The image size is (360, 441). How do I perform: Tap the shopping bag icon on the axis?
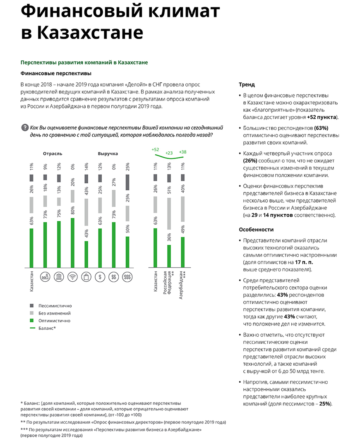[x=86, y=277]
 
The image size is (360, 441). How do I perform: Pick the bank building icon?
[x=59, y=277]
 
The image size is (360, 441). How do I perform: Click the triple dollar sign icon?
[x=127, y=277]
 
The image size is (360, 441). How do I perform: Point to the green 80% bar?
[x=73, y=242]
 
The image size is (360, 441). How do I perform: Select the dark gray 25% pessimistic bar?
[x=127, y=182]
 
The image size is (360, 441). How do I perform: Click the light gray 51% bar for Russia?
[x=169, y=213]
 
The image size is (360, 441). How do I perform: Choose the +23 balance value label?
[x=169, y=153]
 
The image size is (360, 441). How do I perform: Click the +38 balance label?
[x=182, y=152]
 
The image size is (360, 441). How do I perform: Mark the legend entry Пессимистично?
[x=55, y=306]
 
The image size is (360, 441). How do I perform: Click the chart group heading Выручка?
[x=108, y=153]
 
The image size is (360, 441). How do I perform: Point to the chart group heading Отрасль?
[x=53, y=153]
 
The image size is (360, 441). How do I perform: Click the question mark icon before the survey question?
[x=24, y=128]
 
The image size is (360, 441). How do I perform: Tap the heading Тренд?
[x=247, y=84]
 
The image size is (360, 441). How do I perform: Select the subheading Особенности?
[x=256, y=230]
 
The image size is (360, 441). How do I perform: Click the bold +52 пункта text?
[x=322, y=117]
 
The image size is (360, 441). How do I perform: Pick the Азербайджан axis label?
[x=182, y=285]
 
